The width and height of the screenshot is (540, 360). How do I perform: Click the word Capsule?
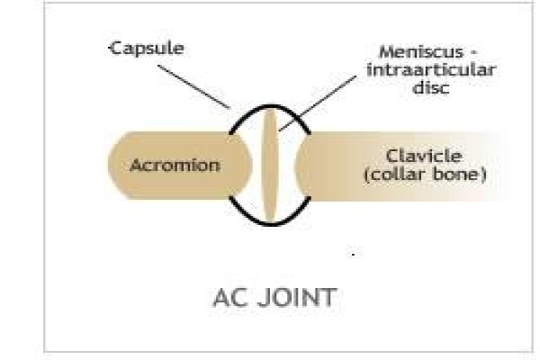click(147, 49)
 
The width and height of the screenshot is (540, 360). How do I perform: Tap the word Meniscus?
click(421, 52)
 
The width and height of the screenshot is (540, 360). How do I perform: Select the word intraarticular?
click(431, 70)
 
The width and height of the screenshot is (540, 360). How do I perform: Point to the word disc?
click(431, 86)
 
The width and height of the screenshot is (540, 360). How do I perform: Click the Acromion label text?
click(175, 166)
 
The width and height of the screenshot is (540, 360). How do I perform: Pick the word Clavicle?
click(424, 156)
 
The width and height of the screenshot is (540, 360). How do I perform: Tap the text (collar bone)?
click(425, 175)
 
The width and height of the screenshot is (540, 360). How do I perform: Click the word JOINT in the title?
click(297, 298)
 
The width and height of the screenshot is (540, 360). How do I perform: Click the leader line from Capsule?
click(193, 86)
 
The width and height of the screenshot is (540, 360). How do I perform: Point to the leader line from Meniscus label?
click(317, 103)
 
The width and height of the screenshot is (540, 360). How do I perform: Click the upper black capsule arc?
click(270, 110)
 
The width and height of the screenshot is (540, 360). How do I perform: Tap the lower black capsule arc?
click(270, 223)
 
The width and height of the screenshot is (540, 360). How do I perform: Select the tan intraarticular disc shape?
click(270, 166)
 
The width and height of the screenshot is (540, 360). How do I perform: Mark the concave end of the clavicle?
click(298, 166)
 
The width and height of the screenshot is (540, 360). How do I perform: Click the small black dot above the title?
click(353, 255)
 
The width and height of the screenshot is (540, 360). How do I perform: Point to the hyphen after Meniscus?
click(472, 53)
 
